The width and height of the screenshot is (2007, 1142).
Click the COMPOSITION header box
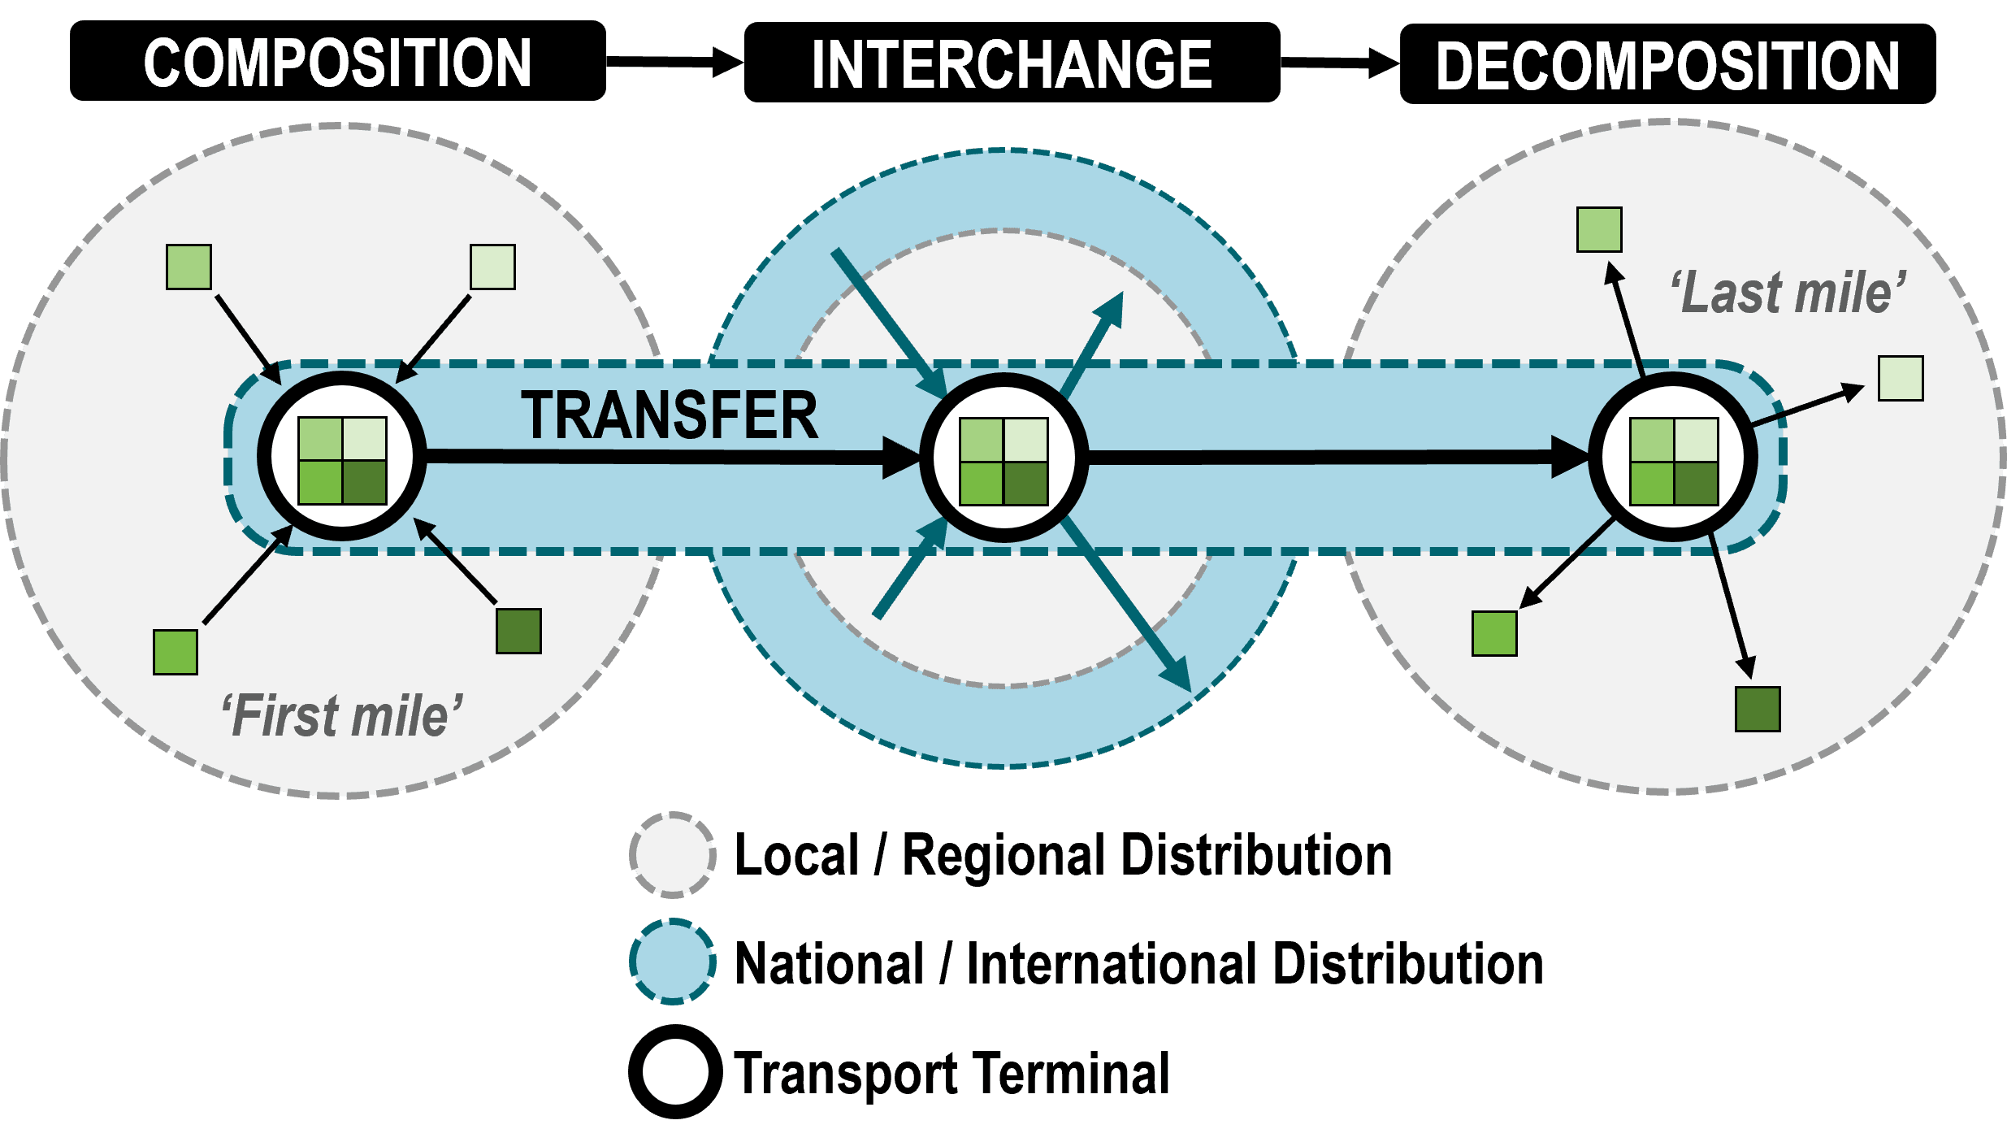point(338,61)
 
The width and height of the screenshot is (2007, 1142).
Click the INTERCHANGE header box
point(1012,63)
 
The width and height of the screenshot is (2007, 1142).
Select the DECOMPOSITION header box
point(1668,64)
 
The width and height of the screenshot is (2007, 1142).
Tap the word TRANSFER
point(670,415)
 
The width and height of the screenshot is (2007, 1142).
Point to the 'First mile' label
point(342,716)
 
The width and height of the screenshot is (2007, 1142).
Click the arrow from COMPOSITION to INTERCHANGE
point(675,62)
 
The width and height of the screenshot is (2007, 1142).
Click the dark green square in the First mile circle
point(519,632)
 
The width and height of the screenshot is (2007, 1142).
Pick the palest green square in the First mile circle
point(493,267)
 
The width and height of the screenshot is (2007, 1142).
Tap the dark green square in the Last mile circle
point(1758,709)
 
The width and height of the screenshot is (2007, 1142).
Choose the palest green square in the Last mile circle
point(1901,378)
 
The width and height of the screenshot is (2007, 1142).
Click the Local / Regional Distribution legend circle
point(673,855)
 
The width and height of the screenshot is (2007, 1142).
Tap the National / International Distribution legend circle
point(673,962)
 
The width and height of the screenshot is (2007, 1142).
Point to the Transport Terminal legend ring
point(675,1032)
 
